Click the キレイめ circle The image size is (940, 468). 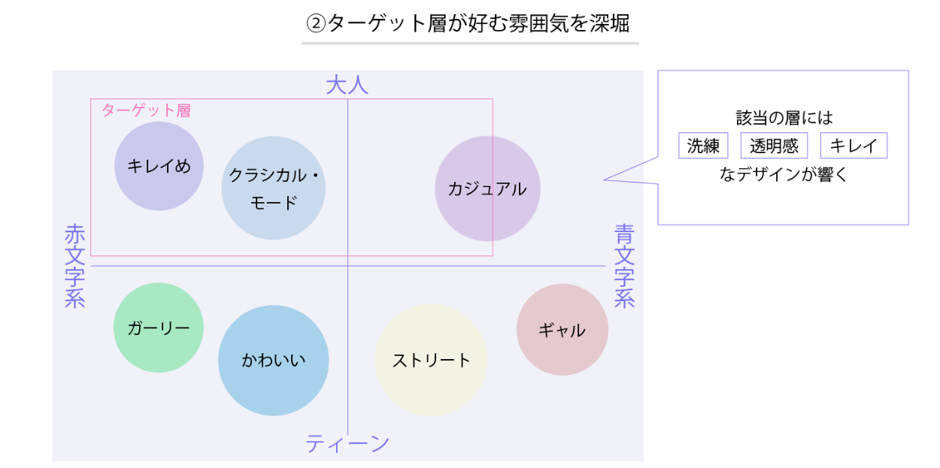click(159, 166)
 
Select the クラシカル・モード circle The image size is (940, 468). click(273, 188)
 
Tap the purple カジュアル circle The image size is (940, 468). click(487, 189)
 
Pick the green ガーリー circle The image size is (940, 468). click(159, 328)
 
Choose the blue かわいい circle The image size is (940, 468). click(274, 360)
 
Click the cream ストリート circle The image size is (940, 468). click(431, 360)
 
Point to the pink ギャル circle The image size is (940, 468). click(562, 329)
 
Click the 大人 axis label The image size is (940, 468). click(347, 85)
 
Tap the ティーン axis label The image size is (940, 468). click(347, 444)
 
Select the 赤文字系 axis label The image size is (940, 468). click(75, 266)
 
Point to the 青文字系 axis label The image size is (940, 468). click(624, 266)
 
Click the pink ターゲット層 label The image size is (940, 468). click(146, 110)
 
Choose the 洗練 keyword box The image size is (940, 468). click(703, 146)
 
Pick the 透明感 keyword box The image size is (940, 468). click(774, 146)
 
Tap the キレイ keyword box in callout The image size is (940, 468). click(854, 146)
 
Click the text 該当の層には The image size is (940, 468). click(784, 119)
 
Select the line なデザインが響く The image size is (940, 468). click(784, 174)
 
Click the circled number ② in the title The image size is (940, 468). click(315, 23)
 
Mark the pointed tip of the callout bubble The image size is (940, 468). click(605, 180)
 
